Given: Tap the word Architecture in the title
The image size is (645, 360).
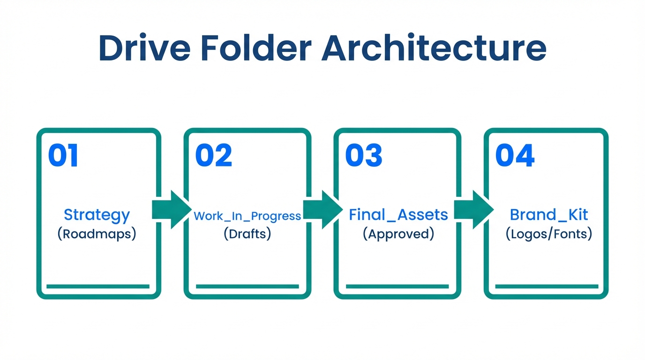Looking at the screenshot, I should pyautogui.click(x=434, y=48).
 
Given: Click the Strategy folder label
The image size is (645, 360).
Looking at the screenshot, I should pyautogui.click(x=97, y=215).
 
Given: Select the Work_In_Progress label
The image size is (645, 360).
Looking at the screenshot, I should pyautogui.click(x=247, y=216).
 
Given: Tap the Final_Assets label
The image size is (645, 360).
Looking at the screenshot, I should pyautogui.click(x=398, y=215).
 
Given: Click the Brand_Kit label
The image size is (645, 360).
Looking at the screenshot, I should pyautogui.click(x=548, y=215).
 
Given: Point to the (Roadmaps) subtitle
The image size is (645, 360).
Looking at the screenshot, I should pyautogui.click(x=97, y=233).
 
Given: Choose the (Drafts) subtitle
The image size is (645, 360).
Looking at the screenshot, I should pyautogui.click(x=247, y=233).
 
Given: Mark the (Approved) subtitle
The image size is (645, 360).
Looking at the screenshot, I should pyautogui.click(x=398, y=233).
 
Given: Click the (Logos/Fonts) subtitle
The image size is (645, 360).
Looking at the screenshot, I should pyautogui.click(x=548, y=233).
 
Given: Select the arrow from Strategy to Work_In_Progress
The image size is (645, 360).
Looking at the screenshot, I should pyautogui.click(x=172, y=210).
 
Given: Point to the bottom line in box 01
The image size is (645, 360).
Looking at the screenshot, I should pyautogui.click(x=98, y=286).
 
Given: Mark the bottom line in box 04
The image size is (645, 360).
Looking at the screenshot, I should pyautogui.click(x=547, y=286).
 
